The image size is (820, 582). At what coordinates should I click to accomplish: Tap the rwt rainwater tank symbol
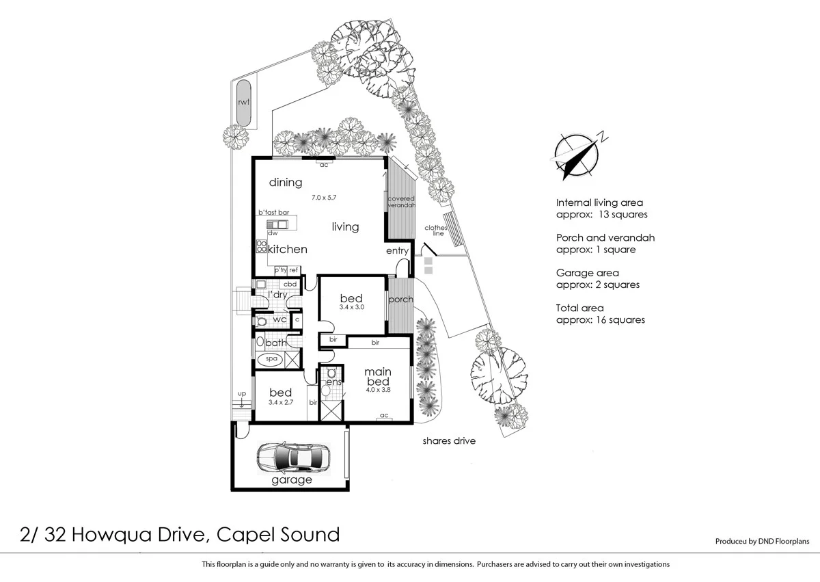tap(242, 103)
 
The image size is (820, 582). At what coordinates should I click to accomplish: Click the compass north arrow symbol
tap(577, 155)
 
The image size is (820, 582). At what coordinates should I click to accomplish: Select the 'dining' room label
tap(285, 183)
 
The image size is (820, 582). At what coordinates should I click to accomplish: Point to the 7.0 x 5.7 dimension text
tap(325, 198)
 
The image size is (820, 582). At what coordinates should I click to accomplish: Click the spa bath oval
tap(271, 358)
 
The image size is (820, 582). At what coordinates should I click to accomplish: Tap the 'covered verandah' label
tap(401, 202)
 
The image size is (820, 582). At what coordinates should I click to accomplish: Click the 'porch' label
tap(400, 300)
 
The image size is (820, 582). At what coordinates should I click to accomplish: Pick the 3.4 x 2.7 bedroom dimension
tap(280, 404)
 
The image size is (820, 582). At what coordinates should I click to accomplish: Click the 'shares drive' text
tap(448, 441)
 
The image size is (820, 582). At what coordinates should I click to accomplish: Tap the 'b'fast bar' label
tap(273, 213)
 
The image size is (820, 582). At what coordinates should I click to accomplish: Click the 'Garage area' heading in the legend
tap(588, 273)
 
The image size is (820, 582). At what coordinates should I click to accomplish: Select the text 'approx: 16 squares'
tap(601, 320)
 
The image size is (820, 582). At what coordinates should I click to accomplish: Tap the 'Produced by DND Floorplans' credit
tap(761, 541)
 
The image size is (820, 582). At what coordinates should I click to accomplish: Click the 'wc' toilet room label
tap(279, 319)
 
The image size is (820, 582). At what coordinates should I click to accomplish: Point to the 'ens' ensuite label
tap(333, 382)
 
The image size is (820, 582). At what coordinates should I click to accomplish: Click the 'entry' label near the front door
tap(397, 251)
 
